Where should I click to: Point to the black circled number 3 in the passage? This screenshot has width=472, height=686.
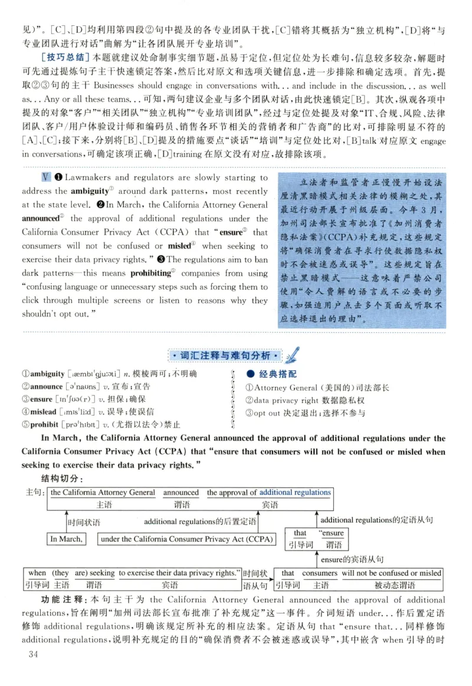click(x=172, y=260)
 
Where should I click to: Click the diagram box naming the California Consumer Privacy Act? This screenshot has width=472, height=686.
click(x=178, y=539)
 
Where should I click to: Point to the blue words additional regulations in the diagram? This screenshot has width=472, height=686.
click(x=295, y=492)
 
